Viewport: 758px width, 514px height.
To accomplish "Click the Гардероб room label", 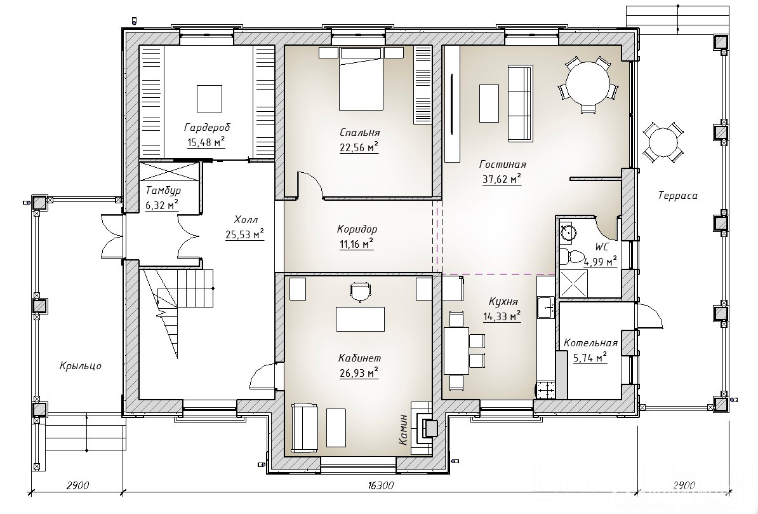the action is click(x=207, y=128).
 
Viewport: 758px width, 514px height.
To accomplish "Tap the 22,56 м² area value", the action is click(x=359, y=147).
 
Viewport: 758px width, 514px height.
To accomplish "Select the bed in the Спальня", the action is click(x=361, y=79).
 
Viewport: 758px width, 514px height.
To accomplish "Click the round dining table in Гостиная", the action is click(x=587, y=83).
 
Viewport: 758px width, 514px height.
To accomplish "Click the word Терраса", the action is click(x=678, y=196).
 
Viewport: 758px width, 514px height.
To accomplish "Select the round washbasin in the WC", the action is click(x=567, y=233).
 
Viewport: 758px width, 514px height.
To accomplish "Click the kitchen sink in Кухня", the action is click(x=547, y=307).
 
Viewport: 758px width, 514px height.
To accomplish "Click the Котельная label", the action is click(x=591, y=343).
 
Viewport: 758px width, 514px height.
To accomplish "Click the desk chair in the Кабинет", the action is click(x=360, y=292).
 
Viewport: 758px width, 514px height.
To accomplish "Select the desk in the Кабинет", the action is click(x=360, y=319).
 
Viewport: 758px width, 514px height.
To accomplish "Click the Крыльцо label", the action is click(x=81, y=366).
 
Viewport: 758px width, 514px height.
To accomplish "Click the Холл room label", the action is click(x=246, y=219).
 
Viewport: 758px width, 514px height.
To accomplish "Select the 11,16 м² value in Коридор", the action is click(x=357, y=243).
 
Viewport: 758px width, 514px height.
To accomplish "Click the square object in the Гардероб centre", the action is click(x=209, y=98).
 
